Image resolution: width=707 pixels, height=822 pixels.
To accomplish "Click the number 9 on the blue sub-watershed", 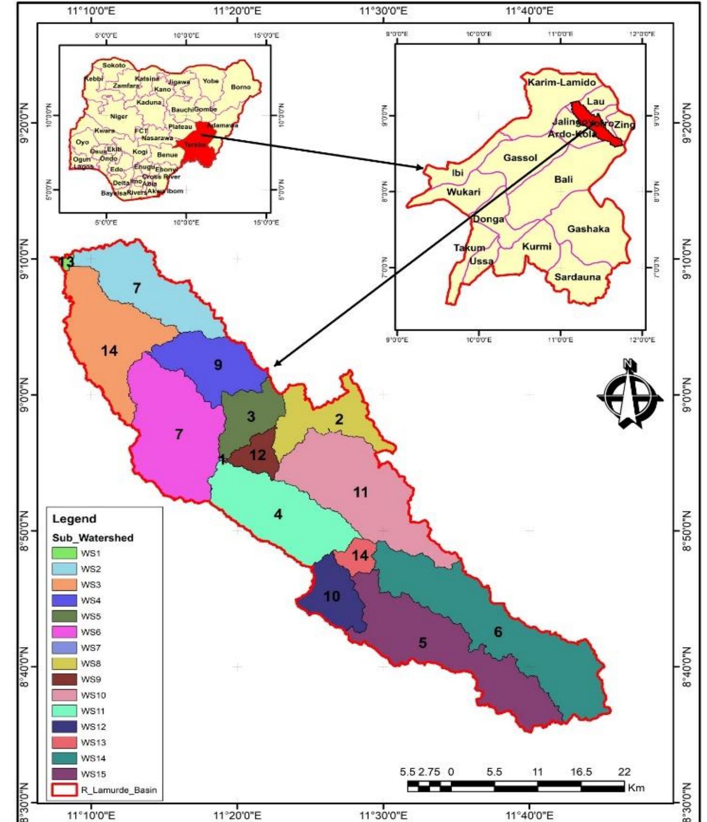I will (218, 364).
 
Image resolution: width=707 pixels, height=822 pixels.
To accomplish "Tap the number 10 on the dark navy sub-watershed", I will (332, 596).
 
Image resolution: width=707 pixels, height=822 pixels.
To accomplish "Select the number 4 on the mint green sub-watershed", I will (278, 514).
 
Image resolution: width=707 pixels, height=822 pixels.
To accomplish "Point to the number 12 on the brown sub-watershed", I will (258, 455).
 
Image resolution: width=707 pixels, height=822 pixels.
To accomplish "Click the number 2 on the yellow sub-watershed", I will (339, 419).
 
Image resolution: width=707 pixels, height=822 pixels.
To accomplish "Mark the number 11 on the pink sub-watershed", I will (361, 492).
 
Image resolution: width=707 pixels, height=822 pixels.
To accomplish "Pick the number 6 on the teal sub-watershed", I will (498, 632).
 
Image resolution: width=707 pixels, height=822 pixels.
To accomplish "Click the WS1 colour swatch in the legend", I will (64, 553).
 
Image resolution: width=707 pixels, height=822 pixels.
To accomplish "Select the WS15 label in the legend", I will (93, 774).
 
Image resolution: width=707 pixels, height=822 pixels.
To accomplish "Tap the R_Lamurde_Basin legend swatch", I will (64, 790).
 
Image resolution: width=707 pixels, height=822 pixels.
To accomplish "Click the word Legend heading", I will (74, 519).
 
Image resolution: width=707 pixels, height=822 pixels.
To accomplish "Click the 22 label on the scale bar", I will (624, 772).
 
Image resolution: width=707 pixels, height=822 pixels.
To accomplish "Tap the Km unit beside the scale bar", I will (636, 788).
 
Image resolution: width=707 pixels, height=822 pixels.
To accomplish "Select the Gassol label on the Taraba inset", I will (520, 158).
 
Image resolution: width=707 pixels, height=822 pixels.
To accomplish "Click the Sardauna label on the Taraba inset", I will (577, 277).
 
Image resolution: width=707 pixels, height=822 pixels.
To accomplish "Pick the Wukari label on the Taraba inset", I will (463, 192).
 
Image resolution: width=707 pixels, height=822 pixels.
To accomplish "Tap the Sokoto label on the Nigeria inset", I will (113, 65).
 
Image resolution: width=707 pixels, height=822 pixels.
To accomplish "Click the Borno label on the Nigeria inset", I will (241, 87).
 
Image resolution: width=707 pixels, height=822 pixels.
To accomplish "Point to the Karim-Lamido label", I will (562, 82).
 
